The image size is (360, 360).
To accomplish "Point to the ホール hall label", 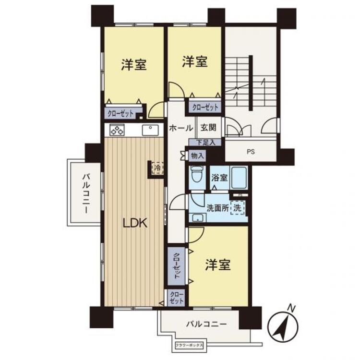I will pos(180,128).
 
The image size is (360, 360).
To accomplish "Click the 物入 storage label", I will pos(197,156).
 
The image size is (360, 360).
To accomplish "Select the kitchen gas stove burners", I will pos(117,130).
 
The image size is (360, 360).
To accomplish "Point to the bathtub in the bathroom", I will pos(238,176).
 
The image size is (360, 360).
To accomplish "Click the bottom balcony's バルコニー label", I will pos(206,324).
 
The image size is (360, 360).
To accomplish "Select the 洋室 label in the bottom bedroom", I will pos(218,264).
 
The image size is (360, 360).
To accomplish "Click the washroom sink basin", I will pos(197,218).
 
